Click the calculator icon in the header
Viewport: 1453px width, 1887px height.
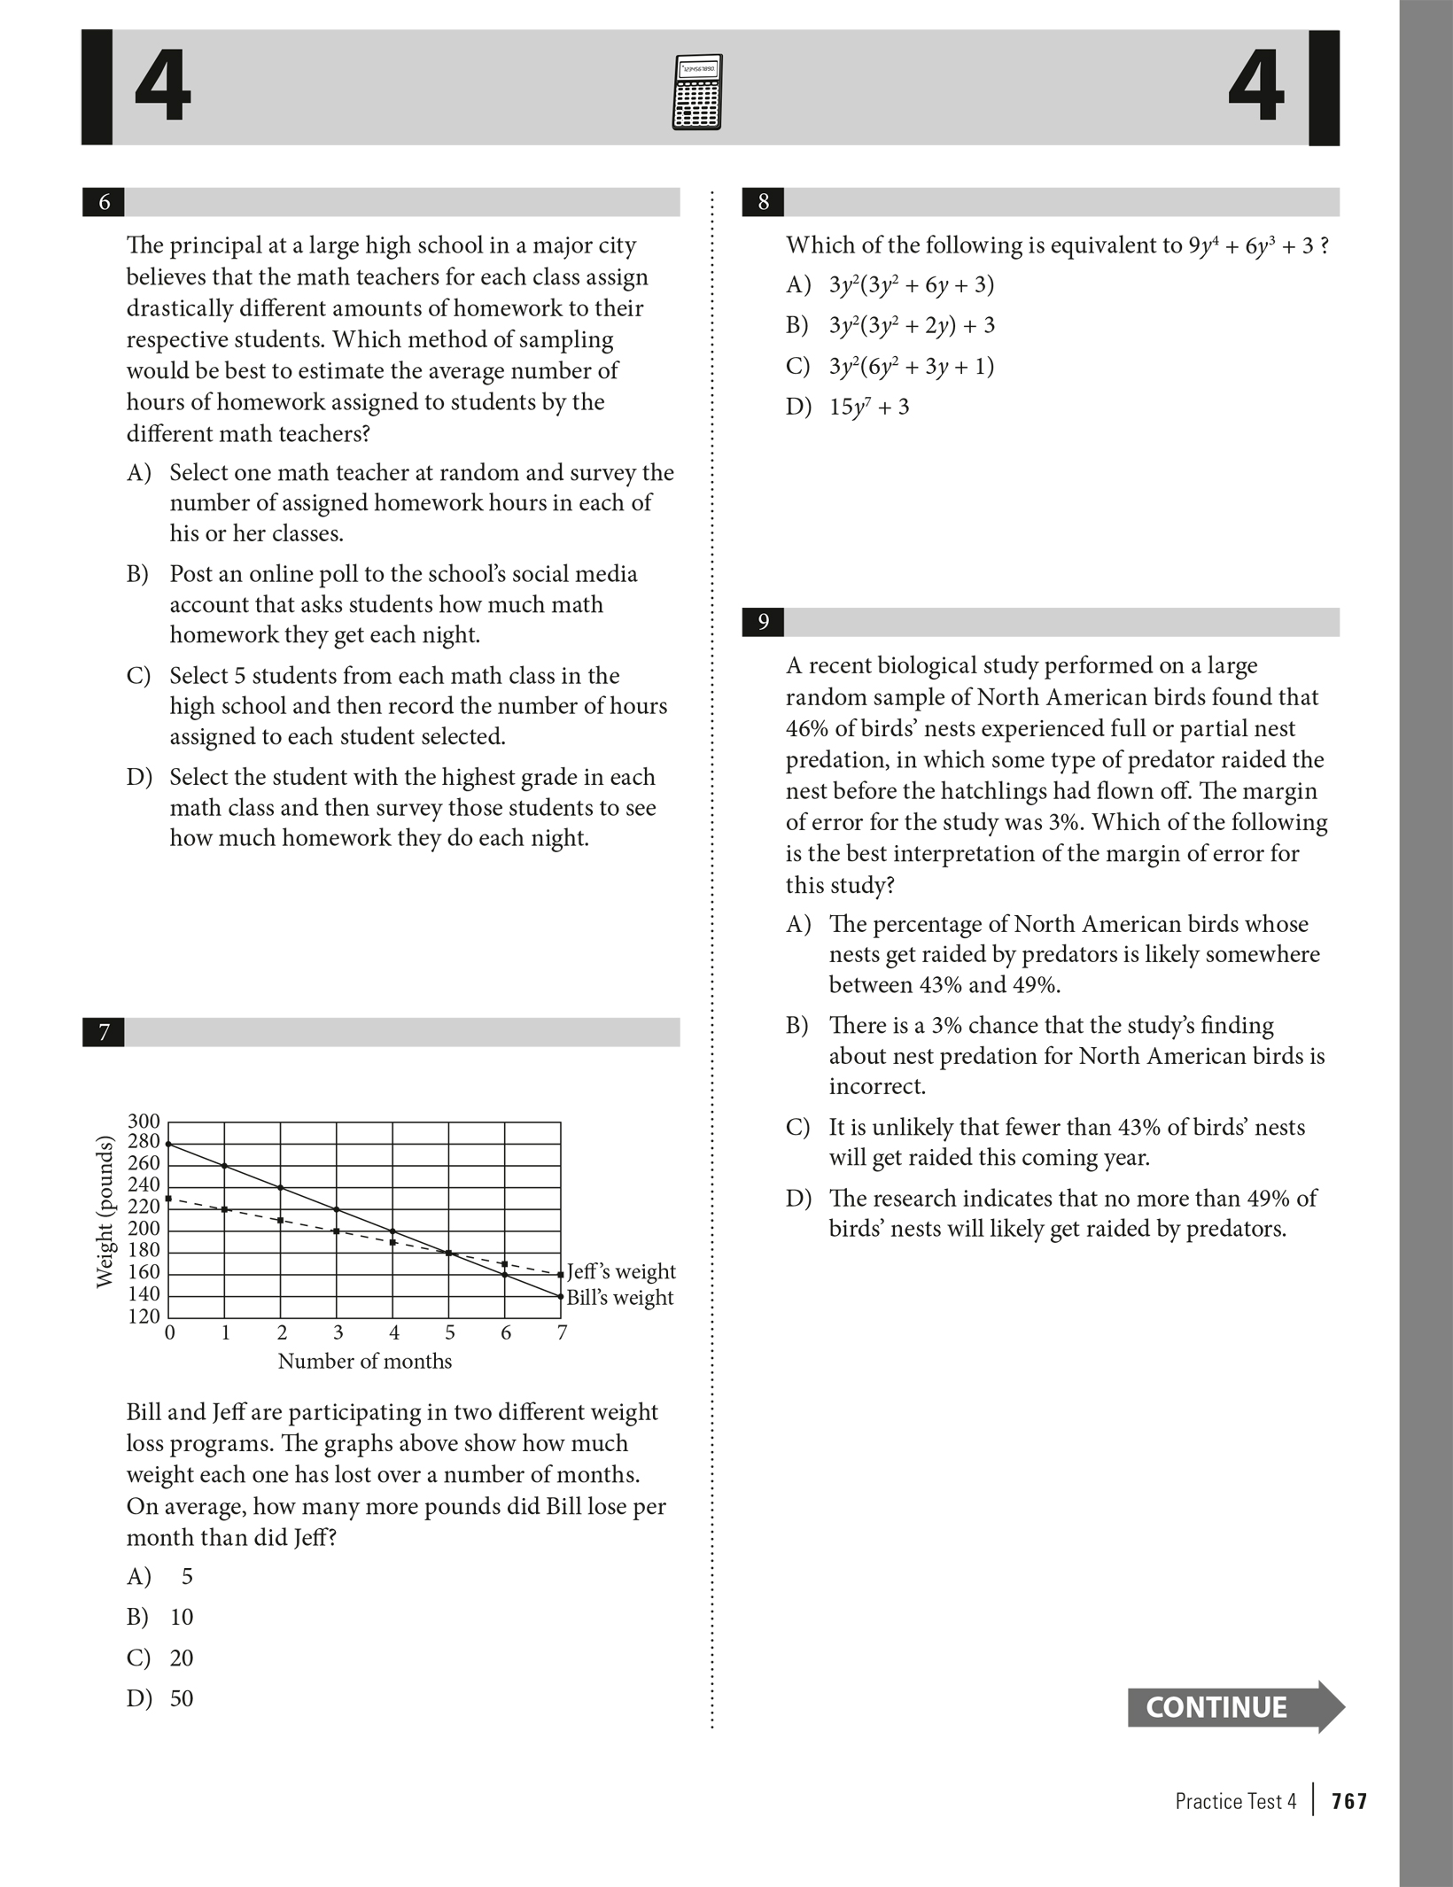tap(697, 92)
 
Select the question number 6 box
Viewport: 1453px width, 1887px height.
tap(104, 203)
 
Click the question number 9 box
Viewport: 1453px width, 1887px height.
tap(763, 623)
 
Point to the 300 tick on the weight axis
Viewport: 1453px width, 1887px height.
tap(144, 1122)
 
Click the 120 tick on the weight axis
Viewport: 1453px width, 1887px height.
tap(144, 1316)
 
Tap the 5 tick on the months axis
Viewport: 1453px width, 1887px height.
tap(449, 1333)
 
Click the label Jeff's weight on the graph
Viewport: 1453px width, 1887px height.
tap(621, 1272)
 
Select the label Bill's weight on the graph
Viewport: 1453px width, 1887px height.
tap(620, 1298)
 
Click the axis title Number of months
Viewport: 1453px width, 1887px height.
tap(364, 1362)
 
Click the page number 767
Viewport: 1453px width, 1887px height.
tap(1349, 1801)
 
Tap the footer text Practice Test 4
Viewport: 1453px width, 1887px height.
tap(1235, 1801)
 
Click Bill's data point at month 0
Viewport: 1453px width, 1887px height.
tap(168, 1144)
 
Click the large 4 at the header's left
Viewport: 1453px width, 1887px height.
tap(162, 88)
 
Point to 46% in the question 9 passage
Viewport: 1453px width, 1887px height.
tap(804, 729)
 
